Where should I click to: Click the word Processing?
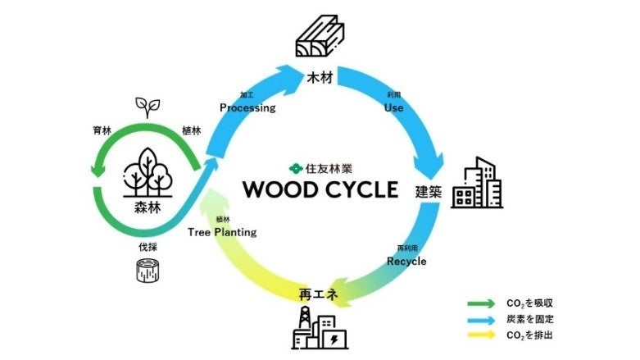(247, 107)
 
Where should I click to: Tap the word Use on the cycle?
(393, 107)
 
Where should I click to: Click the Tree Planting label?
(222, 232)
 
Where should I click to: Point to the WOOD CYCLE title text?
(320, 189)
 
